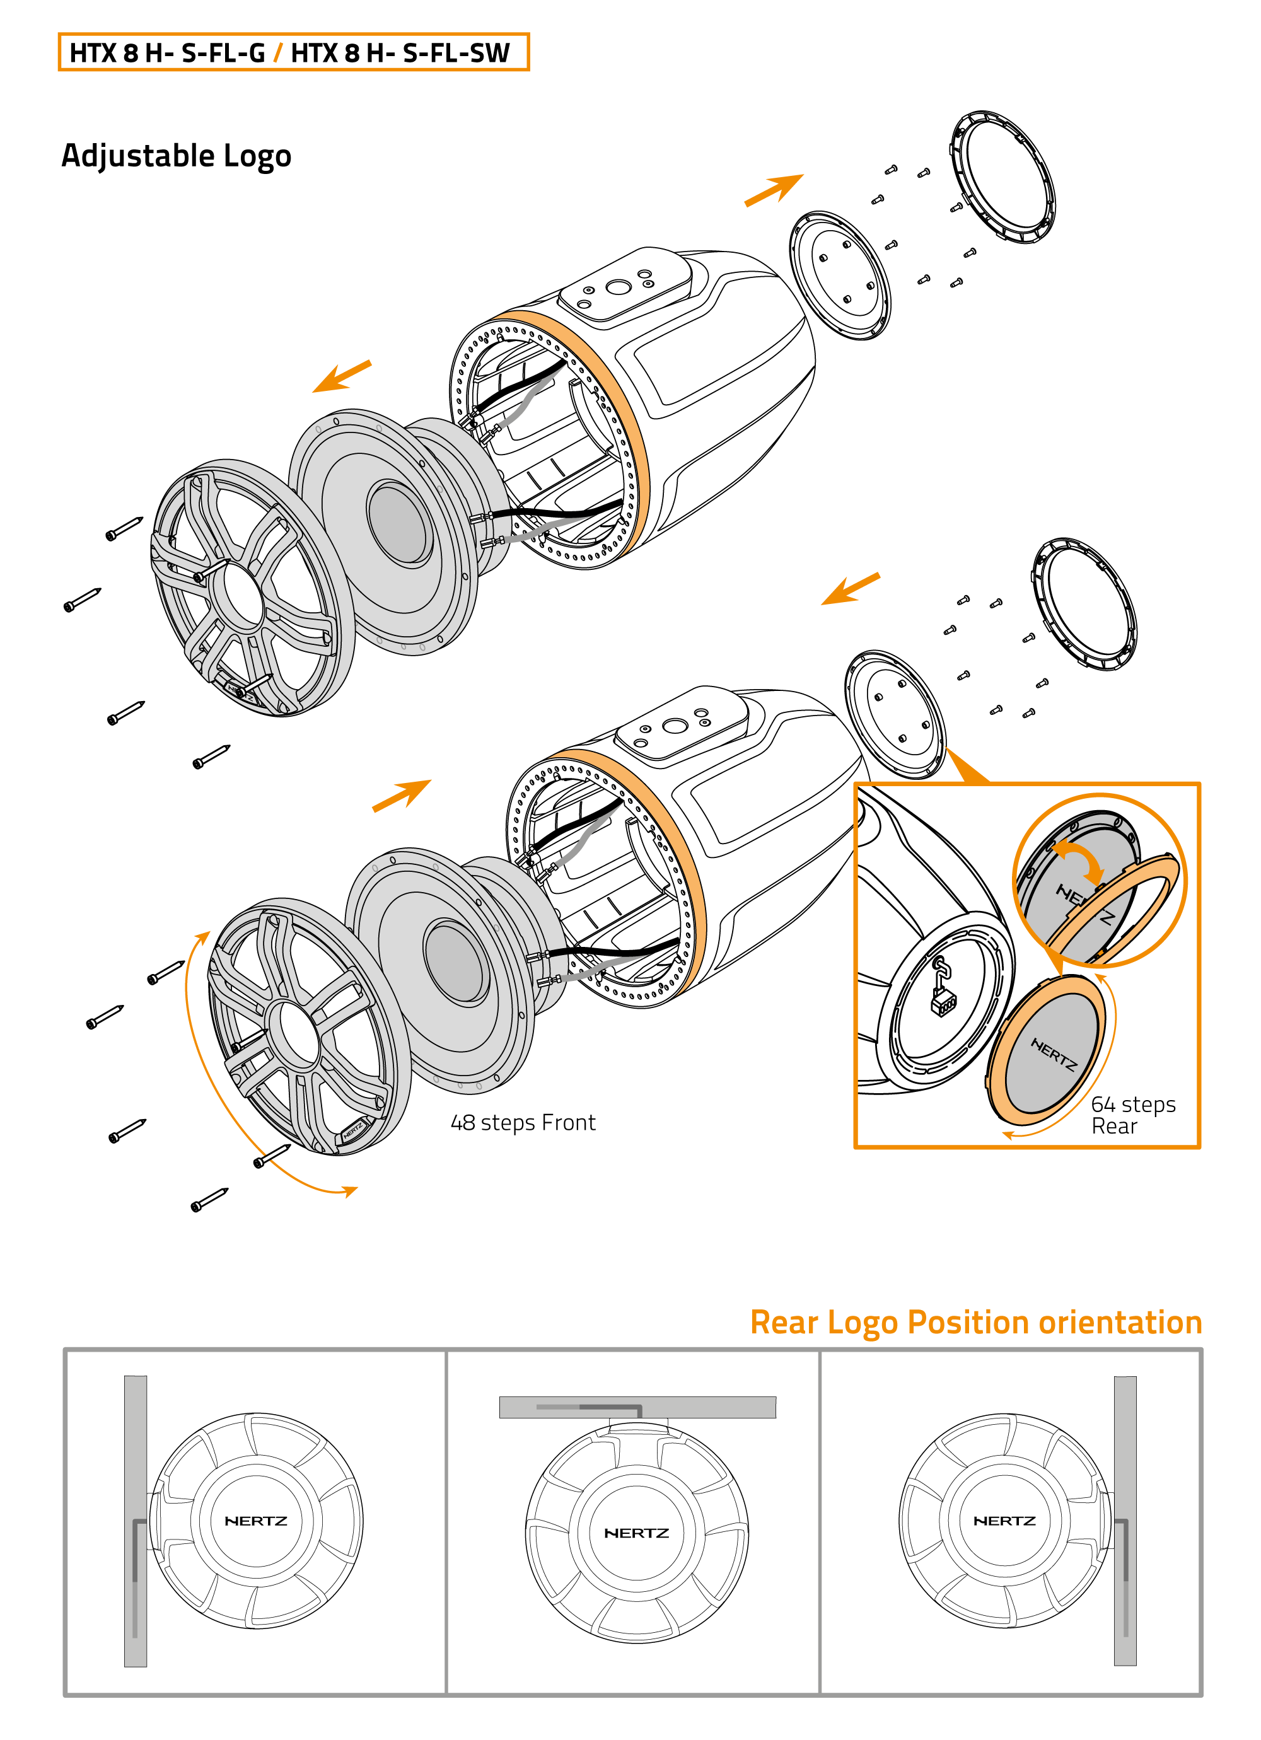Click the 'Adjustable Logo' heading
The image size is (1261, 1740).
[x=176, y=156]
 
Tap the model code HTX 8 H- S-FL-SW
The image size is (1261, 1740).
[x=400, y=53]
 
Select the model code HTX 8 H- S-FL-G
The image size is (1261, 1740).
[x=166, y=53]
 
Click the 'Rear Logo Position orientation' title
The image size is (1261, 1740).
[x=975, y=1322]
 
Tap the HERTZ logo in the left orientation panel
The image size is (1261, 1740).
[x=255, y=1521]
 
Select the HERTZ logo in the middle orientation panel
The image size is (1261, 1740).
[x=636, y=1533]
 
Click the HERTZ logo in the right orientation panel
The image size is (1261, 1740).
[x=1004, y=1521]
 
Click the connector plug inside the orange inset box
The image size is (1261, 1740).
[x=943, y=1000]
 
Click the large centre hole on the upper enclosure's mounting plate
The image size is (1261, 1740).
[x=618, y=287]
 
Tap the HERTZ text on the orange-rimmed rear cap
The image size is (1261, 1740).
[x=1053, y=1054]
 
